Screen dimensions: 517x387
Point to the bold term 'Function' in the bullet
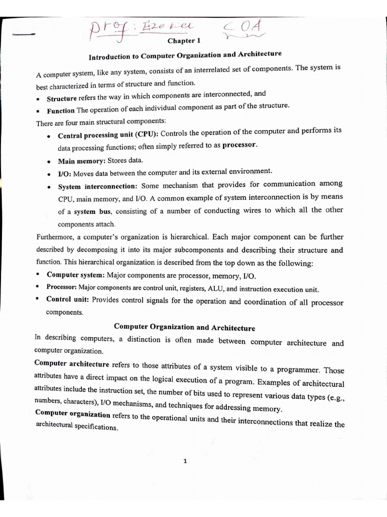click(60, 111)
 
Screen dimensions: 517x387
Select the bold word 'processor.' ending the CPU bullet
click(240, 145)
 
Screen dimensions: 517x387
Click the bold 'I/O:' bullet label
click(64, 173)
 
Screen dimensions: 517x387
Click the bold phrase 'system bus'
click(92, 212)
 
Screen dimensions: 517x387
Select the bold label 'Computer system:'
click(76, 275)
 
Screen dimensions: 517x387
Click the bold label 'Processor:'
click(61, 287)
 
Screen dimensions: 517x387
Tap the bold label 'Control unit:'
click(68, 299)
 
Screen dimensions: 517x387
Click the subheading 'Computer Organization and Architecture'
click(184, 327)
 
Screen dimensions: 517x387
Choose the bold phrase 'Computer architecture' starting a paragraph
click(72, 364)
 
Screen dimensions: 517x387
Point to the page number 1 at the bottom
click(185, 460)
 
